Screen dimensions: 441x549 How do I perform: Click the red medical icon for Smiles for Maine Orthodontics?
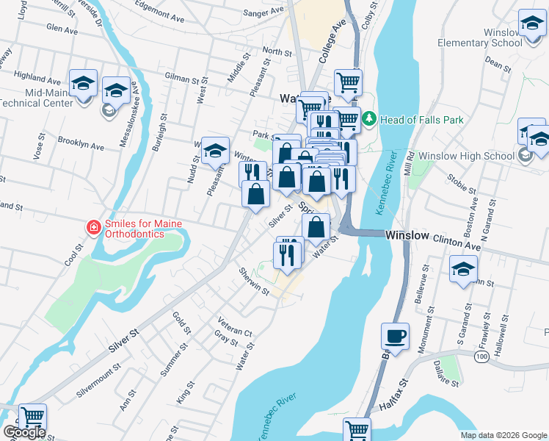[x=92, y=228]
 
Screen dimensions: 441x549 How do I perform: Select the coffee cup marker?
[x=395, y=337]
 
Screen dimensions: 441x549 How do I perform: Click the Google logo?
[x=24, y=432]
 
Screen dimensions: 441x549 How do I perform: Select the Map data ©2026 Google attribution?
[x=503, y=434]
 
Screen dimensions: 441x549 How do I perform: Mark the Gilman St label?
[x=182, y=79]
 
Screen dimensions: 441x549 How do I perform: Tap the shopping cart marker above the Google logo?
[x=32, y=417]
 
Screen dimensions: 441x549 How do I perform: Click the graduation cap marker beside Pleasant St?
[x=215, y=151]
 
